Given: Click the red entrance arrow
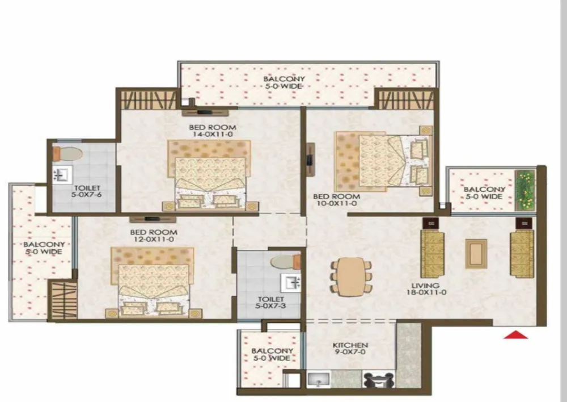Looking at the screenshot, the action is (516, 335).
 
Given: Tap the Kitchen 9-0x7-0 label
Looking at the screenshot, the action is (350, 349).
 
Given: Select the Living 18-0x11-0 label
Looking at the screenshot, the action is (426, 288).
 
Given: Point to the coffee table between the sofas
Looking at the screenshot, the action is (476, 253).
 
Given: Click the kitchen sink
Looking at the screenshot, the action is (319, 380).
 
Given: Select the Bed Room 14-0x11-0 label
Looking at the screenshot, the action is (212, 131).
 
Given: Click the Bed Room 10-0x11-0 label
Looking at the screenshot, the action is (337, 199).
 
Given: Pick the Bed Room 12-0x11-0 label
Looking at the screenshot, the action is (154, 236).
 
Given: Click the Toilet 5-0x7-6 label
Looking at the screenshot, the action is (87, 191).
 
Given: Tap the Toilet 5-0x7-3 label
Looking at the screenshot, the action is (271, 303).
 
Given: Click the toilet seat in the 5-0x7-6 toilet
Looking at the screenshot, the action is (67, 153).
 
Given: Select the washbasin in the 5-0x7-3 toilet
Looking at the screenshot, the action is (291, 283).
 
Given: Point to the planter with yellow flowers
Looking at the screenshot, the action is (525, 191).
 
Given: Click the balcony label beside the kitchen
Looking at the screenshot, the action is (272, 354).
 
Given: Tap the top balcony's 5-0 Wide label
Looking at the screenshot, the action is (284, 86).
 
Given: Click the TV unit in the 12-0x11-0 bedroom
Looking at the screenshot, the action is (153, 219).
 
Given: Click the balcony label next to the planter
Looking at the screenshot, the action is (484, 192).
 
